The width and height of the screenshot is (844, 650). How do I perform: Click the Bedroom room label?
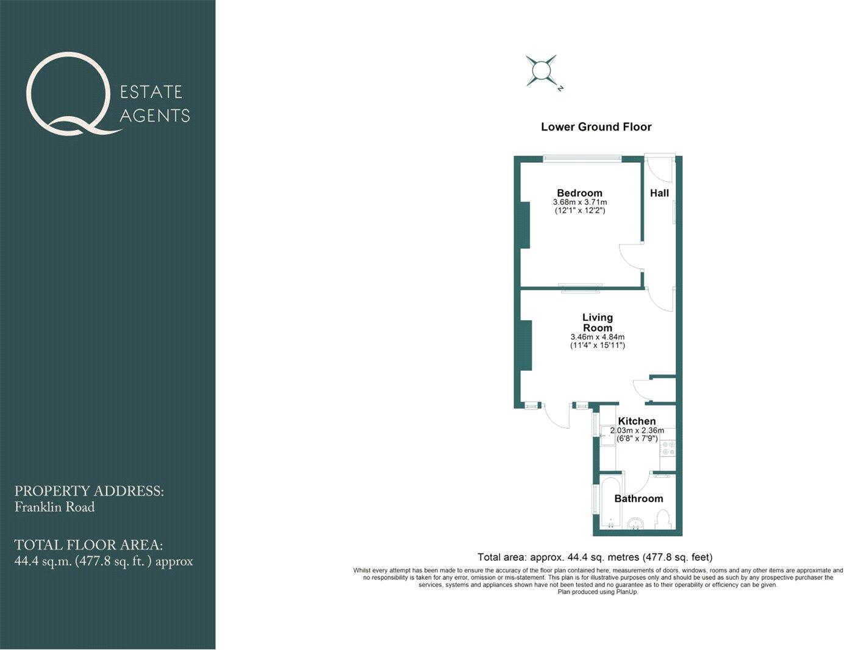pos(579,193)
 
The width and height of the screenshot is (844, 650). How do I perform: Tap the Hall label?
pos(659,193)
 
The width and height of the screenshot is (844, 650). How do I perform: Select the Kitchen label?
pos(637,421)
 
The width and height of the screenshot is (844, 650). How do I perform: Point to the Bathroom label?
pos(638,498)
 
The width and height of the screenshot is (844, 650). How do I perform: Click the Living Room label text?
pos(598,322)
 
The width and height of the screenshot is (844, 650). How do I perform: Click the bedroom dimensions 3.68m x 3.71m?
pos(580,202)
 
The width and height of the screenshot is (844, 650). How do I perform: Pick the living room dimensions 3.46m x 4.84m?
pos(598,337)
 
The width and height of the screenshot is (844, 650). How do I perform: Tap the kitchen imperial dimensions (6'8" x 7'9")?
pos(637,438)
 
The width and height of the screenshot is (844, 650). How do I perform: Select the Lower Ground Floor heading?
pos(596,127)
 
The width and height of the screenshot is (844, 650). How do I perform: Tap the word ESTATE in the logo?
pos(151,92)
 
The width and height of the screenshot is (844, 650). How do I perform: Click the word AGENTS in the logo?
pos(155,115)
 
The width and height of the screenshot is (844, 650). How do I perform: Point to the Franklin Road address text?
pos(55,507)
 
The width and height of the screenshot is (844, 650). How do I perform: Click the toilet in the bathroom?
pos(663,520)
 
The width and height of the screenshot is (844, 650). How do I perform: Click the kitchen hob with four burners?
pos(668,448)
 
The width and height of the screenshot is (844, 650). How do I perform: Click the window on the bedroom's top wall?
pos(582,159)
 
